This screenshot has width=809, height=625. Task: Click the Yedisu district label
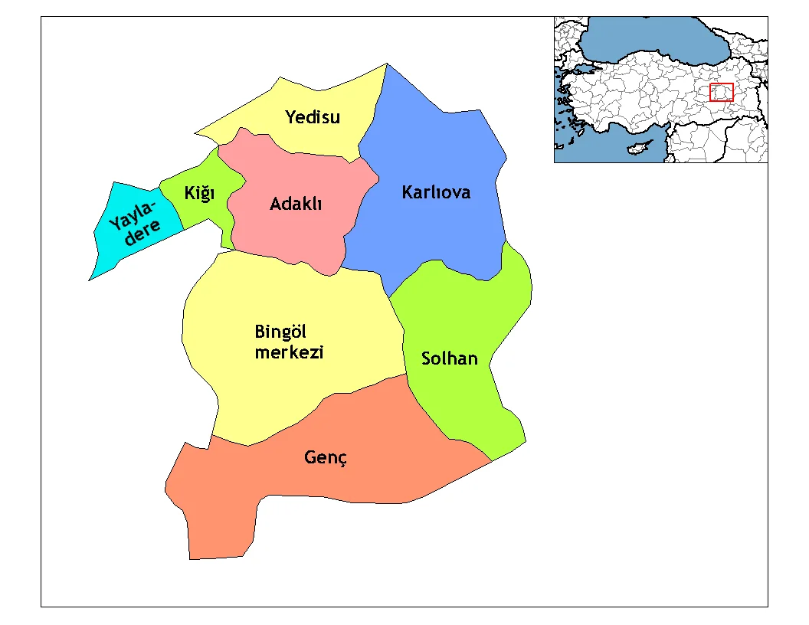[x=313, y=117]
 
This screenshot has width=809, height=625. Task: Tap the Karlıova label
[x=436, y=192]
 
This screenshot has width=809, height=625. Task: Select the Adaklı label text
[x=296, y=205]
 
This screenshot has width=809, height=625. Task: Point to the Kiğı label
[x=199, y=194]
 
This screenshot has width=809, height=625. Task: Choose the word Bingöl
[x=280, y=332]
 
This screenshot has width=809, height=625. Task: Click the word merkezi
[x=289, y=352]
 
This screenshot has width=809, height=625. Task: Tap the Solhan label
[x=450, y=358]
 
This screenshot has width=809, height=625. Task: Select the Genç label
[x=326, y=458]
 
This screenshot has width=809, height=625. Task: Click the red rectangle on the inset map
[x=722, y=92]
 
